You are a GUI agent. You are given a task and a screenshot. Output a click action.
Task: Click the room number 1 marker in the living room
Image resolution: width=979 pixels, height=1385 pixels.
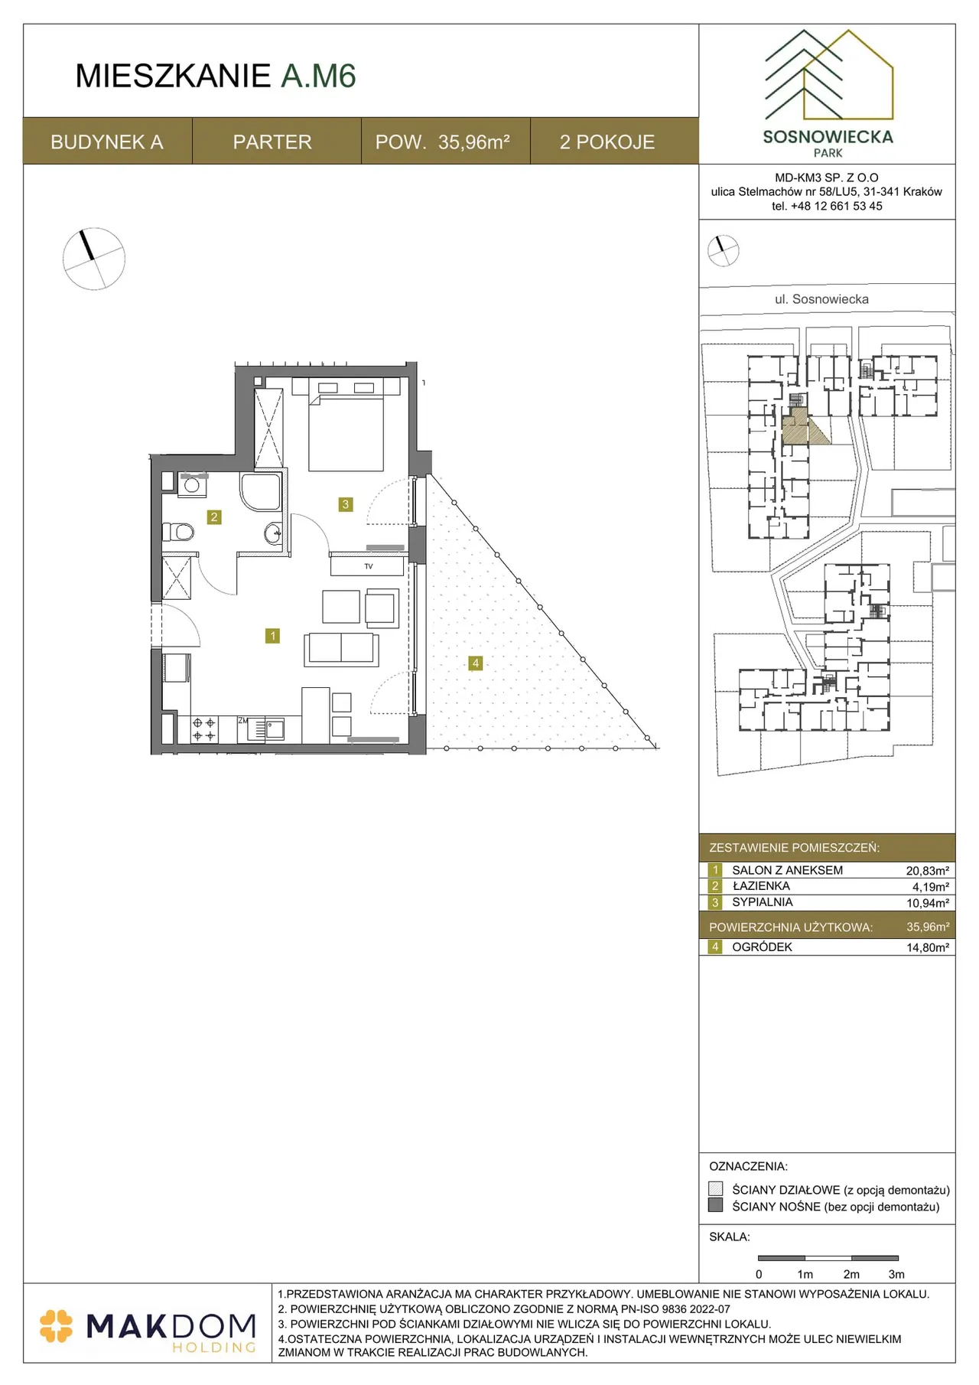[x=272, y=636]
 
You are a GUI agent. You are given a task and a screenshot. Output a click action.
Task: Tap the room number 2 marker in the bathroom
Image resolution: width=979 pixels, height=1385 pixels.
[x=214, y=517]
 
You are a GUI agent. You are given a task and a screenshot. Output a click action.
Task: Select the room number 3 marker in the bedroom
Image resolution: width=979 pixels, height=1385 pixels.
[x=346, y=504]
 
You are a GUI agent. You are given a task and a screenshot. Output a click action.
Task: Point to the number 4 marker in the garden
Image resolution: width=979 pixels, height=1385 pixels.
[x=476, y=663]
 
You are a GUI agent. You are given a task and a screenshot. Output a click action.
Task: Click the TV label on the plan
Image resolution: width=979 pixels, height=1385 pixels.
[x=369, y=566]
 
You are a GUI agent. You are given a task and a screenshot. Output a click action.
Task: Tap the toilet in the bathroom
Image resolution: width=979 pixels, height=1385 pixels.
[x=178, y=531]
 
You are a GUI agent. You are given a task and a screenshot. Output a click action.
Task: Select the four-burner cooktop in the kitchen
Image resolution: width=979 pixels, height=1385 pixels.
[x=203, y=729]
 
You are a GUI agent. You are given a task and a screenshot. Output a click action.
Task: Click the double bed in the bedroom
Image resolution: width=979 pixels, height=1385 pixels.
[x=346, y=425]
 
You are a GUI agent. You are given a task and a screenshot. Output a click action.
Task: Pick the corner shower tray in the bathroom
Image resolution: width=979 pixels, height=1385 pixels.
[x=261, y=491]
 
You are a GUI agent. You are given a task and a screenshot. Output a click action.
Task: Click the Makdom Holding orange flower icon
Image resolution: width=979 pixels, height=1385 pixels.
[x=56, y=1326]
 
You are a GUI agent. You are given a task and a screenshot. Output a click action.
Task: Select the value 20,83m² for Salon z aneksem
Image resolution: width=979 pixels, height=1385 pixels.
[x=927, y=871]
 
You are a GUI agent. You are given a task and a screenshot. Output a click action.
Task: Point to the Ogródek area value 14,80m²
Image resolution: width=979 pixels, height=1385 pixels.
[x=927, y=947]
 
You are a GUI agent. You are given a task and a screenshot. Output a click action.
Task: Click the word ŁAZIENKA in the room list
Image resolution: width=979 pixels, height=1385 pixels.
[x=761, y=886]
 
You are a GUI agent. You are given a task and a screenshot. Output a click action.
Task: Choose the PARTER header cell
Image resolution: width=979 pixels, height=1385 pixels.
[x=272, y=142]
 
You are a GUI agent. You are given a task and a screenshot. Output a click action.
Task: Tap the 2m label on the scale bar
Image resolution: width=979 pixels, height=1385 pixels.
[x=851, y=1274]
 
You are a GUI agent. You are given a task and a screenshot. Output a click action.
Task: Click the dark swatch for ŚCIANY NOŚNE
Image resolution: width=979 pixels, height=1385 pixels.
[x=716, y=1205]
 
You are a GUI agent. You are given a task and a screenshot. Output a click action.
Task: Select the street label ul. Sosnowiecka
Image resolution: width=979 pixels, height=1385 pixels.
[x=821, y=299]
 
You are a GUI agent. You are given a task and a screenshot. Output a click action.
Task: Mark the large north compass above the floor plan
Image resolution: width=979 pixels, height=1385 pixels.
[x=93, y=259]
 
